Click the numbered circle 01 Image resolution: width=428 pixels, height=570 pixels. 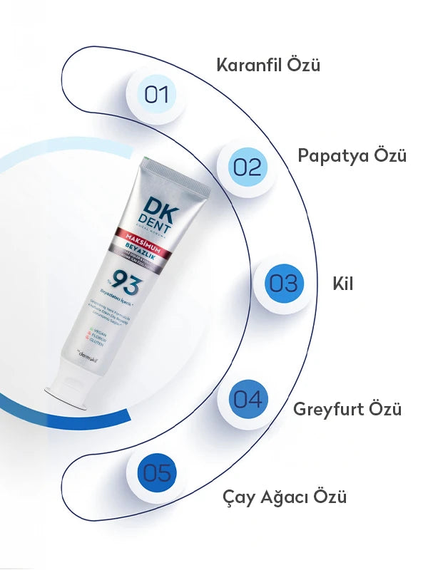[x=156, y=95]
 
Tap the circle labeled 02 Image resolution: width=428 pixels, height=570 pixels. [x=247, y=167]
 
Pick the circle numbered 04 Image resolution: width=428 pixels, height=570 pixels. [x=248, y=399]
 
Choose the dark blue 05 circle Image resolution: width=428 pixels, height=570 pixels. [x=156, y=472]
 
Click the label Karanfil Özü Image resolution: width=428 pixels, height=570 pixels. [x=268, y=65]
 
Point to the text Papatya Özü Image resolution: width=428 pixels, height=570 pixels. [x=352, y=155]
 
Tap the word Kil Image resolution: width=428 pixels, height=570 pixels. [x=343, y=283]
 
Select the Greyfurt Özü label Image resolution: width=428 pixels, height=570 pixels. [x=347, y=409]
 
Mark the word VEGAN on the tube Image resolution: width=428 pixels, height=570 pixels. [x=93, y=331]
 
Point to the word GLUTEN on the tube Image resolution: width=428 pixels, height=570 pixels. [x=88, y=343]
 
